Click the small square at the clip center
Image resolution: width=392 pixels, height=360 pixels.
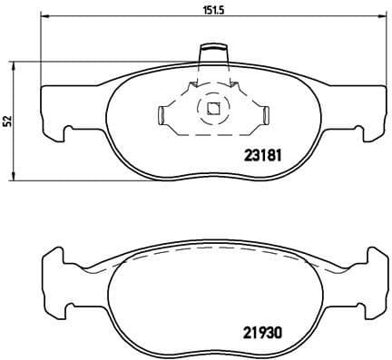point(214,111)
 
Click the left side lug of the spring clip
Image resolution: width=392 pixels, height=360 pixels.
point(161,115)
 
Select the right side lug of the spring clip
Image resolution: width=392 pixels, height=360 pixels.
point(268,115)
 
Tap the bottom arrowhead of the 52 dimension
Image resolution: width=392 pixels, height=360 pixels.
point(13,173)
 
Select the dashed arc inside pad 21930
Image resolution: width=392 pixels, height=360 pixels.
point(214,254)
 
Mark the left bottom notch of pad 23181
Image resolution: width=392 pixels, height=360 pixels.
point(65,136)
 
